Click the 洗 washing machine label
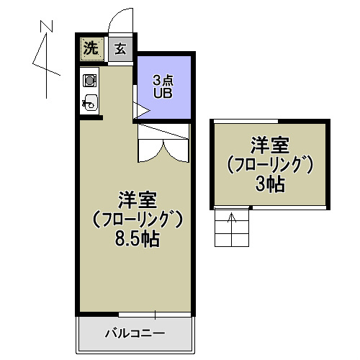tap(91, 49)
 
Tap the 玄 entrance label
tap(120, 49)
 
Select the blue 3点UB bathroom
tap(164, 87)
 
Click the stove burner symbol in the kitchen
tap(91, 80)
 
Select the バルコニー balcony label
tap(135, 334)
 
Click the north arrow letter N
tap(47, 27)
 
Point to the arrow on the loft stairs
tap(232, 219)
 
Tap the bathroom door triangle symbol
tap(141, 111)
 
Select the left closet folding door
tap(150, 149)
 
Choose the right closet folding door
tap(176, 149)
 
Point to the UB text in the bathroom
tap(164, 93)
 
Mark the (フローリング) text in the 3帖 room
tap(270, 164)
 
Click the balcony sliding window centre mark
tap(156, 313)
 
